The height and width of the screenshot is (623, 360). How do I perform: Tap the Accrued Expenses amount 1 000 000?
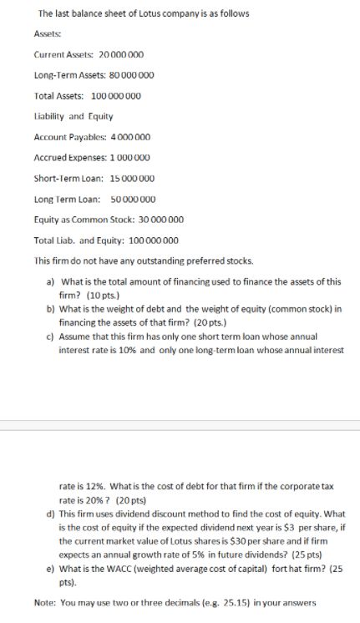(131, 157)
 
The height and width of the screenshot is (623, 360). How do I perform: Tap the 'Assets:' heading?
(48, 34)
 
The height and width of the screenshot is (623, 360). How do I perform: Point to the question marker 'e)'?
(50, 568)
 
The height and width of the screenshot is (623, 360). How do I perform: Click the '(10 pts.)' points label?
(99, 295)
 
